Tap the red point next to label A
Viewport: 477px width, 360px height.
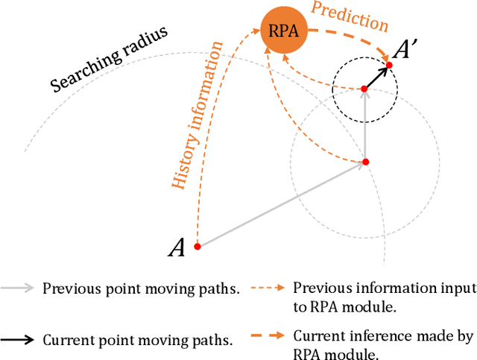tap(197, 246)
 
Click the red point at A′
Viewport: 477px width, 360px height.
tap(389, 66)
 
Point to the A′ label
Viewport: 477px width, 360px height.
tap(407, 50)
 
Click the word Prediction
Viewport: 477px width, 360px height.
tap(350, 16)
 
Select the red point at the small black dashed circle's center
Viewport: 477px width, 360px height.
tap(364, 89)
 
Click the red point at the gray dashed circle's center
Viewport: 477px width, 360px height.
tap(365, 161)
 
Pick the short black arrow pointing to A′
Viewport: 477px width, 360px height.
tap(377, 78)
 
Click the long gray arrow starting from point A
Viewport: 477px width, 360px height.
tap(281, 203)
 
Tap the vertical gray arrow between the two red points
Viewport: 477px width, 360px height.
tap(365, 125)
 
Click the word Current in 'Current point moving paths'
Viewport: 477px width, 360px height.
tap(64, 340)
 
